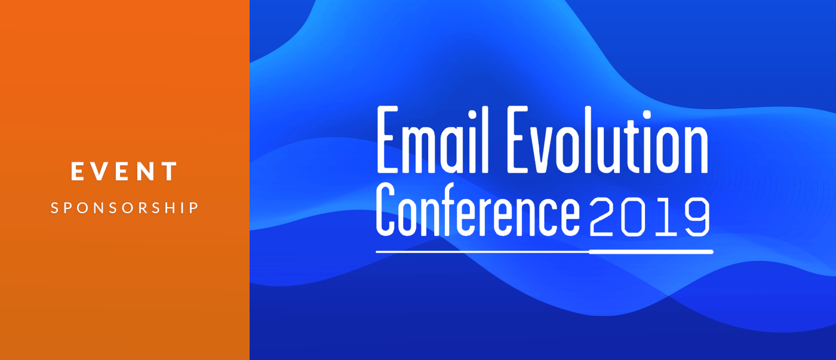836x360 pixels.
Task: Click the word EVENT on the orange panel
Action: (124, 171)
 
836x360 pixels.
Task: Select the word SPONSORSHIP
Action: (125, 208)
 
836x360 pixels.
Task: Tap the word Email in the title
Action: (432, 140)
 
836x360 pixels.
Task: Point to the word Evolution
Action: (608, 140)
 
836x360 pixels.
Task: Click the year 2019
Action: (650, 216)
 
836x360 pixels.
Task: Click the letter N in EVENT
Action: (145, 171)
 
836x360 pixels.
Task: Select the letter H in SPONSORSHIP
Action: (170, 208)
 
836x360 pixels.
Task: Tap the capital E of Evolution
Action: (517, 140)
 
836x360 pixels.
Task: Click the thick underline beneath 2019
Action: (651, 252)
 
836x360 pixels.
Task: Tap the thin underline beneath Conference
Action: (482, 252)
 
